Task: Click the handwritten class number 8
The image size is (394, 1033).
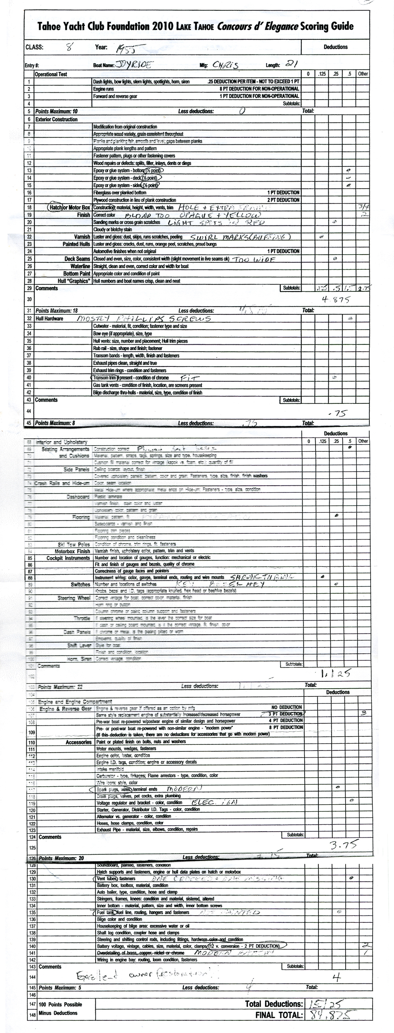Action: tap(70, 47)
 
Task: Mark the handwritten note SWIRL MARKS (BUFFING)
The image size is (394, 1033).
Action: tap(241, 237)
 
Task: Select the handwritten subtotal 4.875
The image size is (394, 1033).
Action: tap(336, 300)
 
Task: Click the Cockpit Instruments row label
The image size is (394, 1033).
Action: tap(68, 558)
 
